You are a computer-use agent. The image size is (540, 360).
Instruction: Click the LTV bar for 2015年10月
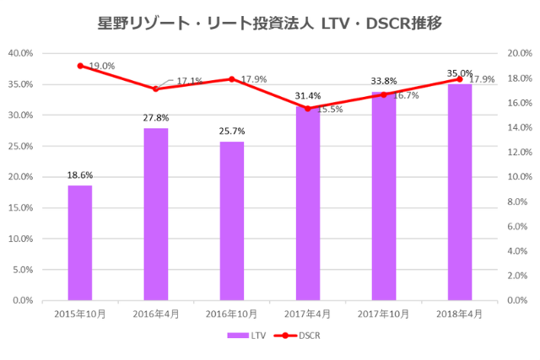[x=80, y=243]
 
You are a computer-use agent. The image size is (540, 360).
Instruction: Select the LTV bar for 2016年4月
[x=156, y=214]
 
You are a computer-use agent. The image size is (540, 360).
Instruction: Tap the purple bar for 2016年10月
[x=232, y=221]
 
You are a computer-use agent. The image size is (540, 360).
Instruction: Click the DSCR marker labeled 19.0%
[x=80, y=66]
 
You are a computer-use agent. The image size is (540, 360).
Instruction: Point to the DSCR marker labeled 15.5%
[x=308, y=109]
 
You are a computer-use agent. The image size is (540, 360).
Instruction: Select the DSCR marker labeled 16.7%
[x=384, y=94]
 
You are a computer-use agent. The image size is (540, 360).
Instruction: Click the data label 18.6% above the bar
[x=80, y=175]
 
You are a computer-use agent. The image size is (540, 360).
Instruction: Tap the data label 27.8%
[x=156, y=119]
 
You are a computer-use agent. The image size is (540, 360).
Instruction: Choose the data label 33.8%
[x=384, y=82]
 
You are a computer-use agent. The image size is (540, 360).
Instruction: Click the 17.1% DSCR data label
[x=189, y=81]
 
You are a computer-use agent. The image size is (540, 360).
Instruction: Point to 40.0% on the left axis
[x=20, y=53]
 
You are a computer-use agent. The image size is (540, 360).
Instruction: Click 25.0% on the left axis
[x=20, y=146]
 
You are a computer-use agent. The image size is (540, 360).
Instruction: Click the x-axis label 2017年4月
[x=308, y=314]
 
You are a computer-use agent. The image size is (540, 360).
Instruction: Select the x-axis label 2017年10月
[x=384, y=314]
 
